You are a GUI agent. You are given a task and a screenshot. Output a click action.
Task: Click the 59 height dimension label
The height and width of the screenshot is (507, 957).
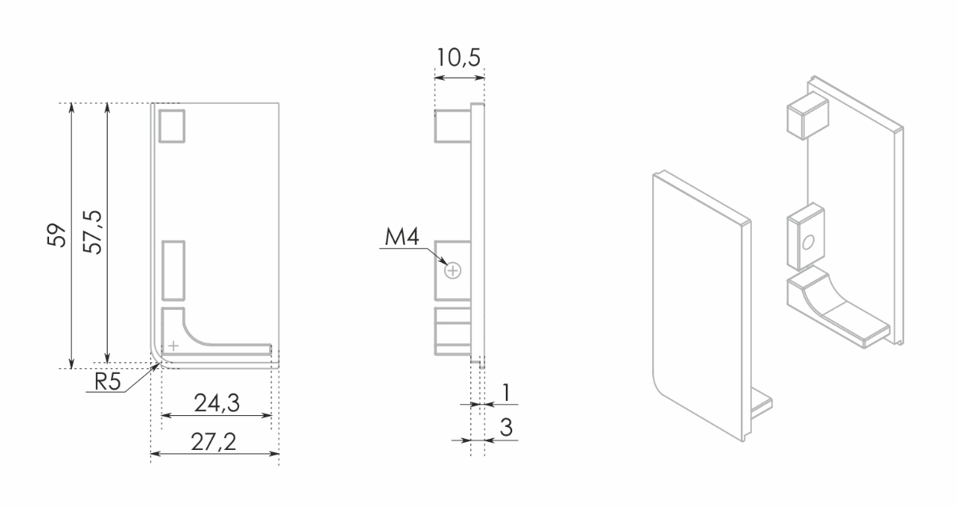[57, 235]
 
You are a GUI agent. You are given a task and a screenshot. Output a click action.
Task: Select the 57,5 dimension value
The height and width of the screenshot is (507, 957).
[93, 233]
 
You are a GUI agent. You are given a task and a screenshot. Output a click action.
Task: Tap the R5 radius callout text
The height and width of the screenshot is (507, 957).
[108, 381]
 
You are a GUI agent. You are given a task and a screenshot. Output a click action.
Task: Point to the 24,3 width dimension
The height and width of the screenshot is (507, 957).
[217, 403]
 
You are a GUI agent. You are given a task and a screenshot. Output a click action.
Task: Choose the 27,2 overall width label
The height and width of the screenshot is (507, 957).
[214, 442]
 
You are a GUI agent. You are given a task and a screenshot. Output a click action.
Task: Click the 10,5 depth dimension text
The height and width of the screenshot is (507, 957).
[458, 58]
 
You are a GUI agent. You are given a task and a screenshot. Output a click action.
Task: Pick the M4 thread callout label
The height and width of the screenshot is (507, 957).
[402, 237]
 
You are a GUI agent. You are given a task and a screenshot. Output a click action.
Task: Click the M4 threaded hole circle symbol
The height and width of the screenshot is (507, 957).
[453, 271]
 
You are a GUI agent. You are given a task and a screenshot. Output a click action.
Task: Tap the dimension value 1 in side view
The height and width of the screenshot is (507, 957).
[507, 392]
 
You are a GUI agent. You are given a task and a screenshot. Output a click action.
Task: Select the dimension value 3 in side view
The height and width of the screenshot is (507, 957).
[507, 428]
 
